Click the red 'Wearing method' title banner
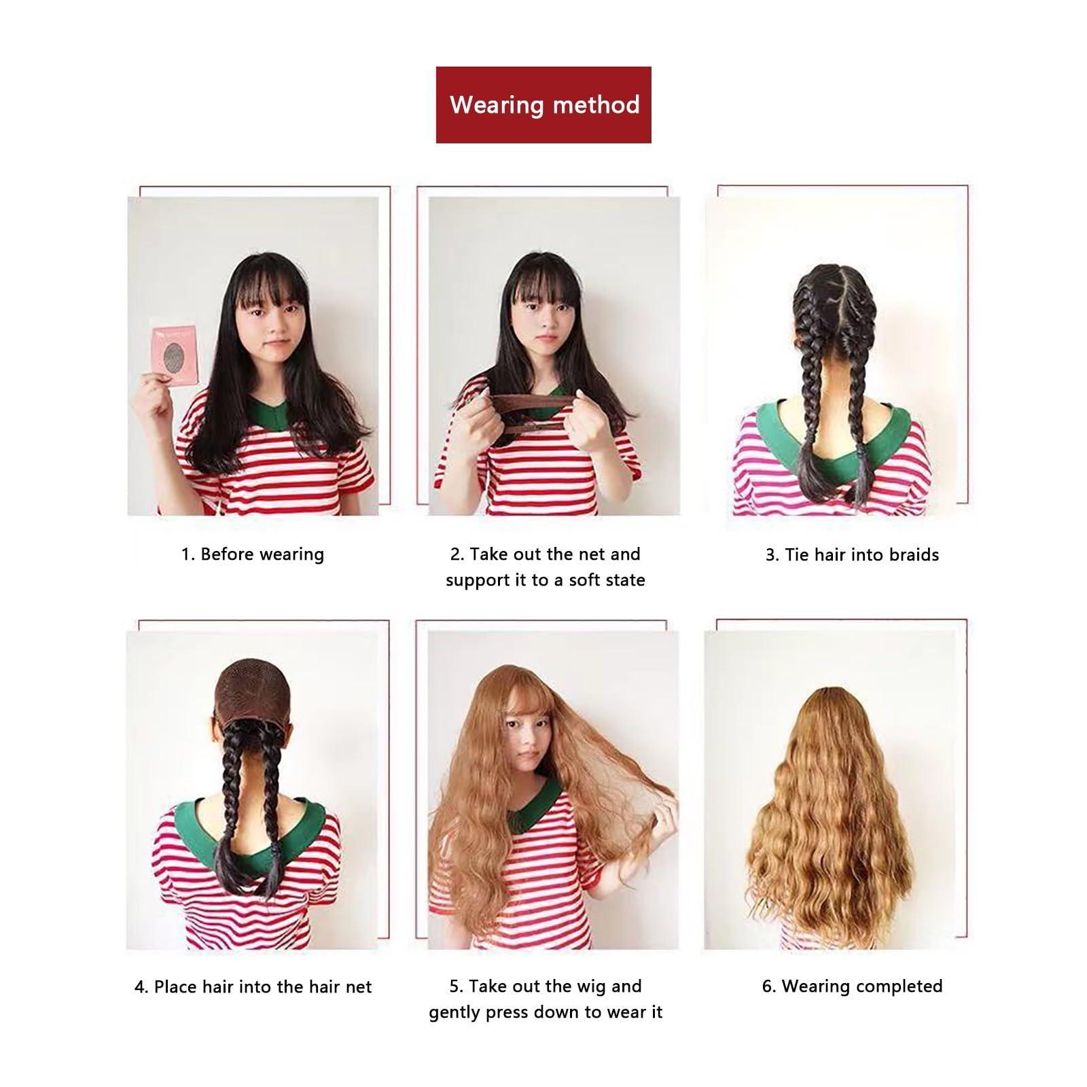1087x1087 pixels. point(543,105)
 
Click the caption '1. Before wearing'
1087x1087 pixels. point(253,554)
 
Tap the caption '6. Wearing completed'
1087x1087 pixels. point(852,986)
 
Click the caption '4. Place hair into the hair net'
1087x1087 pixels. point(253,986)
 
